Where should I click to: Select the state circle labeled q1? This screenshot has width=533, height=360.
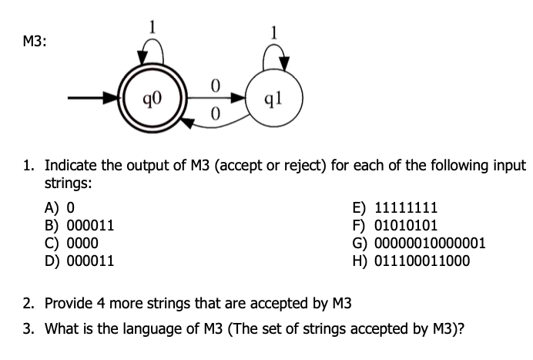[280, 99]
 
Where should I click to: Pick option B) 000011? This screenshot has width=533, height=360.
[80, 225]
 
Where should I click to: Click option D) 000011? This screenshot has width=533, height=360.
[80, 261]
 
